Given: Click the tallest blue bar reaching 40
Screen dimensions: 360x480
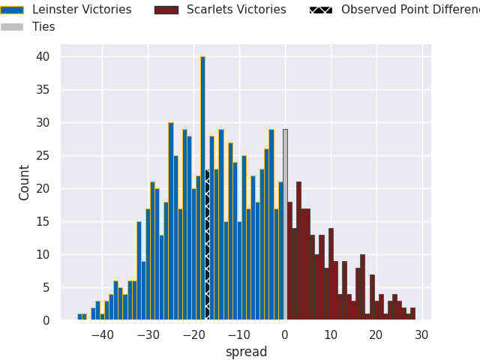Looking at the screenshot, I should pyautogui.click(x=202, y=187).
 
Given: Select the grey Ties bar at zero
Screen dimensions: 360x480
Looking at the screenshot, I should pyautogui.click(x=285, y=225).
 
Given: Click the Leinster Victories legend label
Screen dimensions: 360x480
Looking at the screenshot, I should pyautogui.click(x=81, y=10).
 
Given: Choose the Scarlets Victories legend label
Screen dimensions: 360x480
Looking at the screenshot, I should pyautogui.click(x=236, y=10).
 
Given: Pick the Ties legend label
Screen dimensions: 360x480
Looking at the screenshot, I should pyautogui.click(x=43, y=27).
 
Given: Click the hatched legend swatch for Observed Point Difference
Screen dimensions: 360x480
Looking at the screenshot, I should pyautogui.click(x=321, y=10).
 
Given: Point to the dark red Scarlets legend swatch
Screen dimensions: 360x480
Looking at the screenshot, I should pyautogui.click(x=166, y=10).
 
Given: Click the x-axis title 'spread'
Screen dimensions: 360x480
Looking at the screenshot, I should pyautogui.click(x=246, y=352).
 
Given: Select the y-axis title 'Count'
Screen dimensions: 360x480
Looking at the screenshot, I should pyautogui.click(x=25, y=182).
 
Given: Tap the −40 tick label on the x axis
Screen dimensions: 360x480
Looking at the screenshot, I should pyautogui.click(x=102, y=335).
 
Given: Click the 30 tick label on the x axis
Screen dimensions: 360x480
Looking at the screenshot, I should pyautogui.click(x=422, y=335).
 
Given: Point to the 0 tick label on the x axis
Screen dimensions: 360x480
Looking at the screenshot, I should pyautogui.click(x=285, y=335).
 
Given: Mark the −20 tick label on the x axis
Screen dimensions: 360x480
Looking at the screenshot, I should pyautogui.click(x=193, y=335).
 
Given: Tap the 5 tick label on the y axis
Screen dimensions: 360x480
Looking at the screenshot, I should pyautogui.click(x=46, y=287).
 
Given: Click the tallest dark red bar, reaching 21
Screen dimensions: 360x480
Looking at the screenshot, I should pyautogui.click(x=298, y=251).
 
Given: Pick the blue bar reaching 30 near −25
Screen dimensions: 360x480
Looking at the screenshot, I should pyautogui.click(x=171, y=221).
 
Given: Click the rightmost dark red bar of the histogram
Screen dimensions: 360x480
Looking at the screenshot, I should pyautogui.click(x=412, y=314).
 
